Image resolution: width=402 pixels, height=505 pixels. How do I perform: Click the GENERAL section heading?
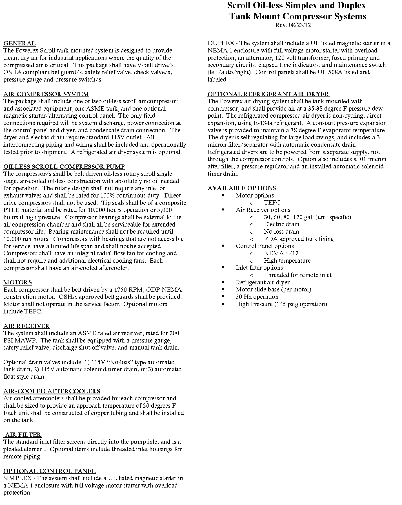tap(19, 43)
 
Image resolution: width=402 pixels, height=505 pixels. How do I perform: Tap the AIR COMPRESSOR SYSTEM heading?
tap(46, 94)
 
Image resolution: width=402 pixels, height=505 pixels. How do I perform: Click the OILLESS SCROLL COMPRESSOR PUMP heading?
tap(64, 167)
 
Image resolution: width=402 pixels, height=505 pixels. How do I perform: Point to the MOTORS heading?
tap(17, 282)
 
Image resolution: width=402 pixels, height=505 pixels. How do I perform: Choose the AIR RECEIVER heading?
tap(26, 326)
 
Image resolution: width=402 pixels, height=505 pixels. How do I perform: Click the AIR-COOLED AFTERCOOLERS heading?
tap(52, 391)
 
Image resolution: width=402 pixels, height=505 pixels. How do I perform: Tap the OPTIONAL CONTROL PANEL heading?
tap(50, 471)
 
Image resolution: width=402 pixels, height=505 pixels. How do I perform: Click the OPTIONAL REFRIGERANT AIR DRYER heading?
tap(268, 94)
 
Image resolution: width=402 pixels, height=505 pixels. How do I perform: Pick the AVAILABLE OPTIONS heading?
tap(242, 188)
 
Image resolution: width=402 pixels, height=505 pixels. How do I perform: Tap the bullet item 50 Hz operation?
tap(257, 297)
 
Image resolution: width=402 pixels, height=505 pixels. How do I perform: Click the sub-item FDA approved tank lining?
tap(299, 239)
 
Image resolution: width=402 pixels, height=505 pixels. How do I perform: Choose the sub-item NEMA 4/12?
tap(281, 253)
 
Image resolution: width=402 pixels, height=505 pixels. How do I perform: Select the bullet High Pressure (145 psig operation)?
tap(281, 304)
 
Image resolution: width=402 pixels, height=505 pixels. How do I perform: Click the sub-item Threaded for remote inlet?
tap(297, 275)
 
